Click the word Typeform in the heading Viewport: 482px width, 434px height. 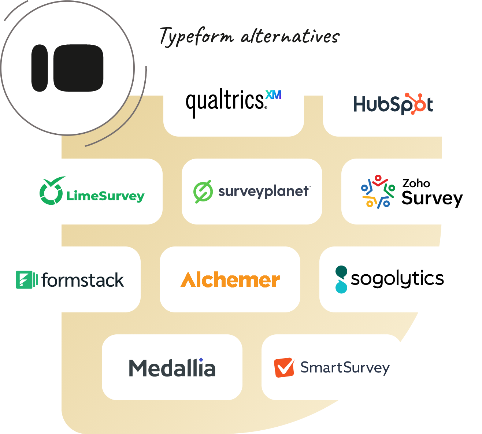pyautogui.click(x=197, y=37)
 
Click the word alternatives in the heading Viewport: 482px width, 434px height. pyautogui.click(x=290, y=37)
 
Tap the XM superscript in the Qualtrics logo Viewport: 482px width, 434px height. pyautogui.click(x=274, y=95)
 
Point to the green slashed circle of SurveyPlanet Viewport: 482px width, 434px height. pyautogui.click(x=203, y=192)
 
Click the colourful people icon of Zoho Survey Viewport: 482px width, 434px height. pyautogui.click(x=378, y=192)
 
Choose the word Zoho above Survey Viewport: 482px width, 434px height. pyautogui.click(x=416, y=183)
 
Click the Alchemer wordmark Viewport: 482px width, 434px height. pyautogui.click(x=230, y=280)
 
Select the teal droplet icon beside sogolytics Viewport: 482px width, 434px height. pyautogui.click(x=341, y=279)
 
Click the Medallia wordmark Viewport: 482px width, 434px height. pyautogui.click(x=172, y=368)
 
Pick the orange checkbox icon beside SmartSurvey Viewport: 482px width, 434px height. pyautogui.click(x=284, y=367)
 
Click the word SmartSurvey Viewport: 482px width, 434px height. pyautogui.click(x=345, y=368)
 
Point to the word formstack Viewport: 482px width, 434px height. pyautogui.click(x=82, y=280)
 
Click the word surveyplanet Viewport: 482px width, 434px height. pyautogui.click(x=263, y=191)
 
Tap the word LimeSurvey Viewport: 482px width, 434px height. pyautogui.click(x=105, y=196)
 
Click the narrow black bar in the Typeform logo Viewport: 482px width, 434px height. pyautogui.click(x=40, y=68)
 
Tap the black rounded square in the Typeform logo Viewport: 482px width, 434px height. pyautogui.click(x=78, y=68)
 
